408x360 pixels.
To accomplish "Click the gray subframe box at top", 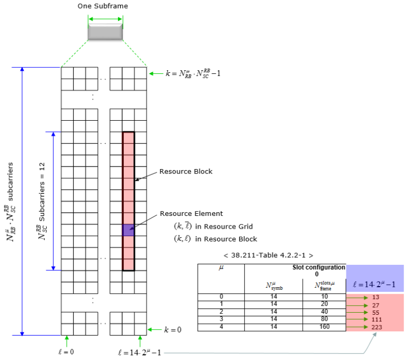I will point(105,31).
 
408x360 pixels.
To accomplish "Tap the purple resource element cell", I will point(128,230).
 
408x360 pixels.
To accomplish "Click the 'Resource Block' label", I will point(185,172).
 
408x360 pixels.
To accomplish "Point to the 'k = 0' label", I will point(173,330).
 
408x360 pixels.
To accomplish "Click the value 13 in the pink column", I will point(375,297).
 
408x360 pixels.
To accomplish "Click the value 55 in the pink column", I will point(375,312).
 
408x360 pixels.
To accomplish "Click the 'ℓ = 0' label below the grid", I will point(67,351).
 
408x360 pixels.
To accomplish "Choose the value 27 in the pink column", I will point(375,305).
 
